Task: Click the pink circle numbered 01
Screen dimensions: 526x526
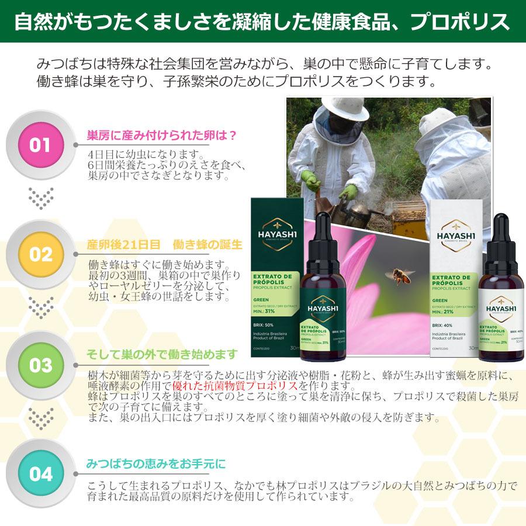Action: [41, 145]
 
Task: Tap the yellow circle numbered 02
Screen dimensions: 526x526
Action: [41, 255]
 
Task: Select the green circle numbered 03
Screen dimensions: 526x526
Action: [41, 365]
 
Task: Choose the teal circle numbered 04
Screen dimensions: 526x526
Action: [41, 474]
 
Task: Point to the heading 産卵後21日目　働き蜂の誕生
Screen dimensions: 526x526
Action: [164, 245]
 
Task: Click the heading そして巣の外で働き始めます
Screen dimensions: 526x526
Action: [162, 354]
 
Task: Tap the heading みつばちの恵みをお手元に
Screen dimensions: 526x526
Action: [155, 464]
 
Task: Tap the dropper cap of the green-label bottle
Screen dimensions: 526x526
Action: [323, 231]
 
